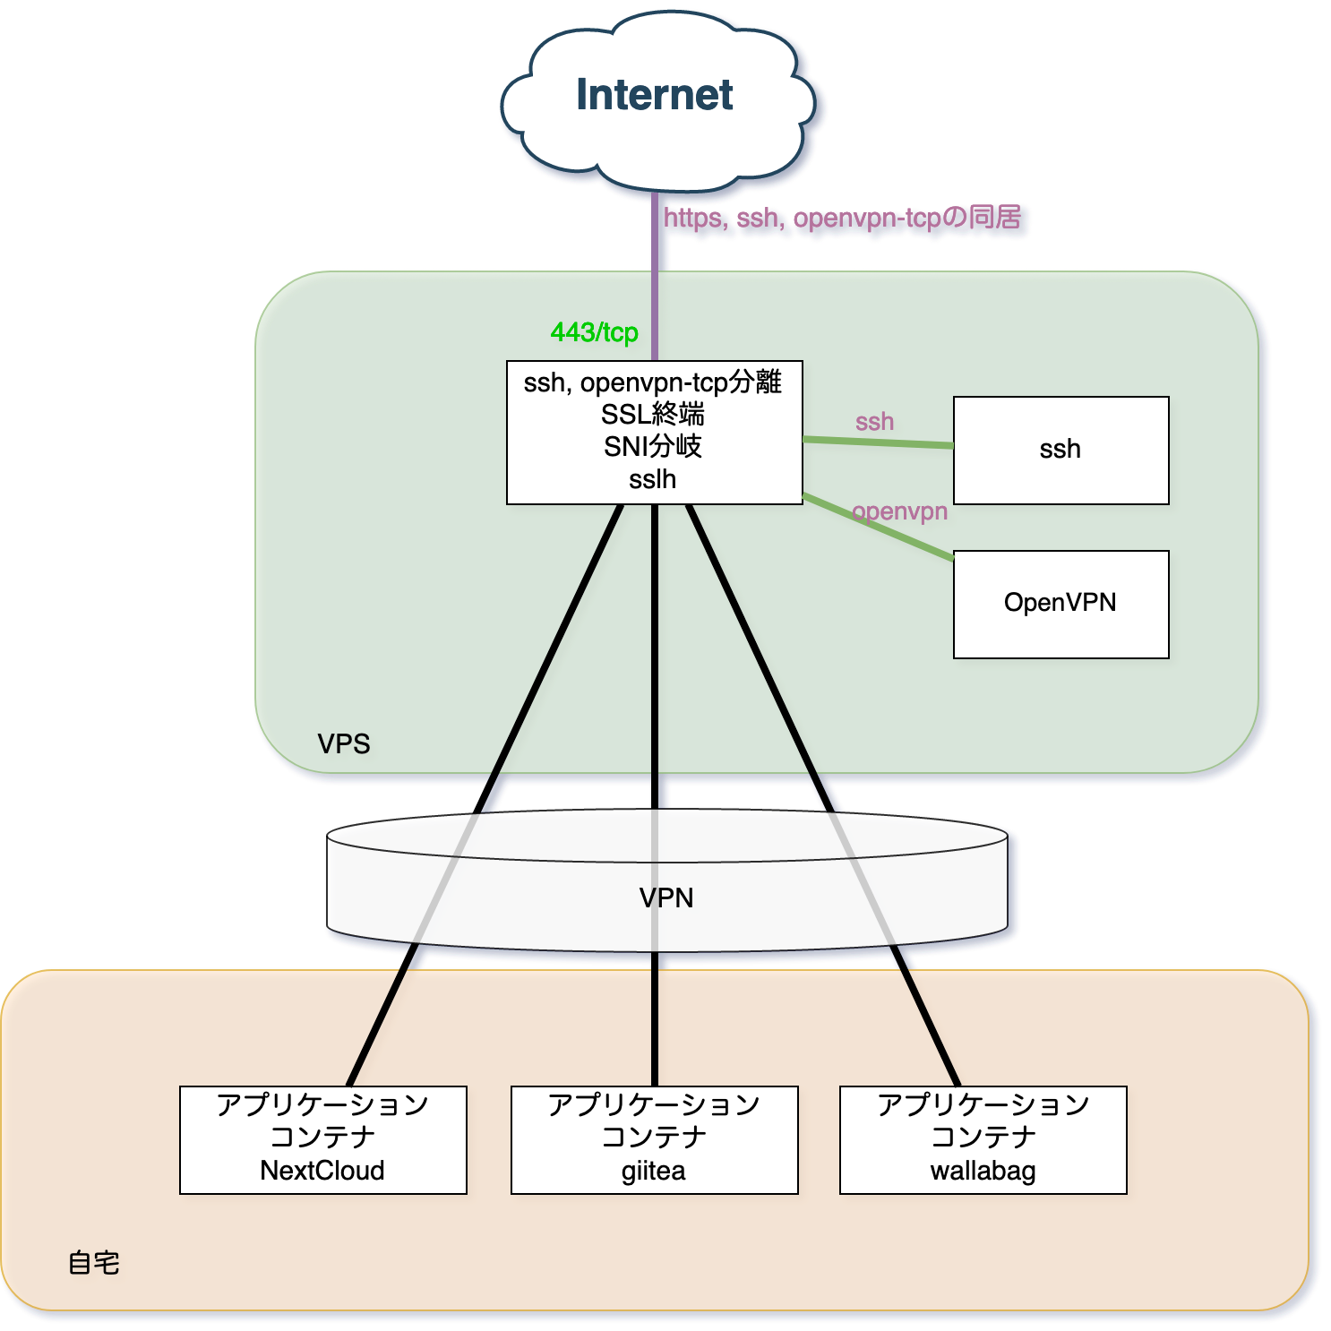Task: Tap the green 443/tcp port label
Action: [x=594, y=332]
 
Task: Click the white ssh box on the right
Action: [x=1061, y=450]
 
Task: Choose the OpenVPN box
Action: [x=1061, y=604]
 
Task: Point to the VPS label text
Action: [x=343, y=743]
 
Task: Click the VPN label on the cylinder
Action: [x=666, y=897]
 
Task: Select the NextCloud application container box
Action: [x=322, y=1139]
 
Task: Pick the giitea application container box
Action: [x=654, y=1139]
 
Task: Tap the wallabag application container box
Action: [x=983, y=1139]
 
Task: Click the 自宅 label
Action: [x=93, y=1263]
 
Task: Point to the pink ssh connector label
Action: [x=874, y=421]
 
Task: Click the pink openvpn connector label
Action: [x=899, y=511]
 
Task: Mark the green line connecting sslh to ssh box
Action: [x=878, y=442]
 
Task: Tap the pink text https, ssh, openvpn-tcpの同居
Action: [x=842, y=218]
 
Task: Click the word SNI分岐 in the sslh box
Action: [x=653, y=446]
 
